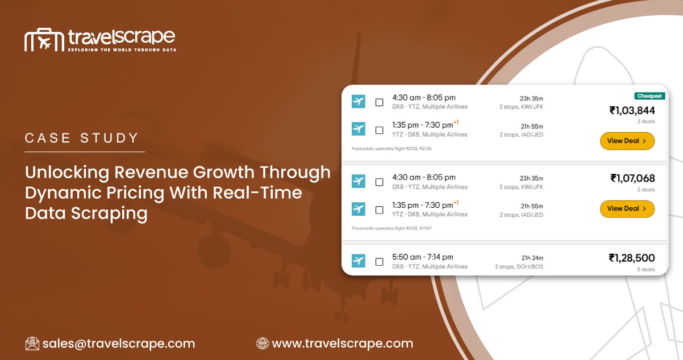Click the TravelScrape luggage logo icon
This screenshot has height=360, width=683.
pyautogui.click(x=43, y=40)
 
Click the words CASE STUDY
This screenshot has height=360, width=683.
pyautogui.click(x=82, y=138)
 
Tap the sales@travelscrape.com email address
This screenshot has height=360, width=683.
pyautogui.click(x=118, y=344)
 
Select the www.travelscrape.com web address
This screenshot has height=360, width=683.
pyautogui.click(x=342, y=344)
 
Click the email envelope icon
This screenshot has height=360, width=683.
pyautogui.click(x=32, y=344)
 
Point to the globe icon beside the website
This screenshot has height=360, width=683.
pyautogui.click(x=263, y=344)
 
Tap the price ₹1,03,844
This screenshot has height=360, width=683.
pyautogui.click(x=632, y=110)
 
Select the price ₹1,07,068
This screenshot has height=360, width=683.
pyautogui.click(x=632, y=178)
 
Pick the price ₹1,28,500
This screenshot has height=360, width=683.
pyautogui.click(x=631, y=258)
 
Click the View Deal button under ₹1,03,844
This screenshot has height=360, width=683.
pyautogui.click(x=627, y=141)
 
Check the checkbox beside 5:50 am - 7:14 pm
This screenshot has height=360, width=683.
pyautogui.click(x=379, y=262)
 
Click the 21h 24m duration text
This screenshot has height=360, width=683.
pyautogui.click(x=532, y=258)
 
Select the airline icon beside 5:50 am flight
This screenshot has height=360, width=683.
pyautogui.click(x=358, y=261)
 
